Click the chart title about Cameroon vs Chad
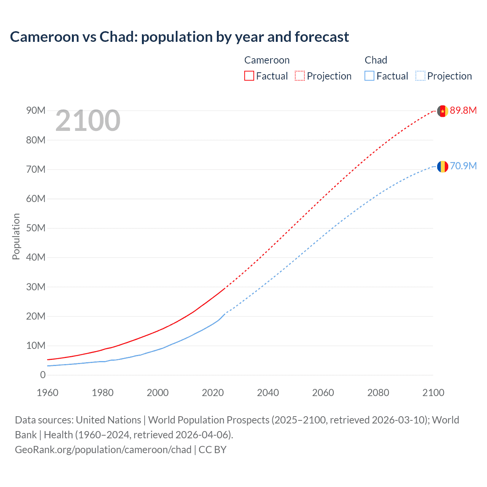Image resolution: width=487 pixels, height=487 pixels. click(179, 37)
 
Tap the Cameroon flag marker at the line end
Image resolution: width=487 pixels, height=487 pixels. click(442, 111)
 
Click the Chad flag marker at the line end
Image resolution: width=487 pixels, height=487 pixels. click(442, 166)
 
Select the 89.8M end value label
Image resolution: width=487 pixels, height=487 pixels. click(463, 110)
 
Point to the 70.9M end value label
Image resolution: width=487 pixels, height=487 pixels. click(463, 166)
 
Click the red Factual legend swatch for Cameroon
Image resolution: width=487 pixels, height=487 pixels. click(249, 76)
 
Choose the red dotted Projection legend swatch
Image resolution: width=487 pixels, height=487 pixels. click(300, 76)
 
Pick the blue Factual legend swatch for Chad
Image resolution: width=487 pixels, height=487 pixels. click(369, 76)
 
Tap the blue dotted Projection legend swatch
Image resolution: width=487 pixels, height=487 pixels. click(420, 76)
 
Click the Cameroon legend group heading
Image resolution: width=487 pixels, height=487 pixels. click(267, 60)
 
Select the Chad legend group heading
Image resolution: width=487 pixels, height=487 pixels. click(376, 60)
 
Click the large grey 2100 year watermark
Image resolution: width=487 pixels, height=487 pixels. click(88, 121)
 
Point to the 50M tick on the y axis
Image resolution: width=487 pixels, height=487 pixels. click(36, 228)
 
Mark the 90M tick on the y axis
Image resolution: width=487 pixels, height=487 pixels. click(36, 110)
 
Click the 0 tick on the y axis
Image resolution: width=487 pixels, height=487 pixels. click(43, 375)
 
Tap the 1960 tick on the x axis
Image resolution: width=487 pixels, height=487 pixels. click(48, 393)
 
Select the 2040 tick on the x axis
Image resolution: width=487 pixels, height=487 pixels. click(268, 393)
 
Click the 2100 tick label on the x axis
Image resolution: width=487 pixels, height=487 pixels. click(433, 393)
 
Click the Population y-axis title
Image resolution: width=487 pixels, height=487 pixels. click(16, 236)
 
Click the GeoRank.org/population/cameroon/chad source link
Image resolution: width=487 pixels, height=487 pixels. click(103, 450)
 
